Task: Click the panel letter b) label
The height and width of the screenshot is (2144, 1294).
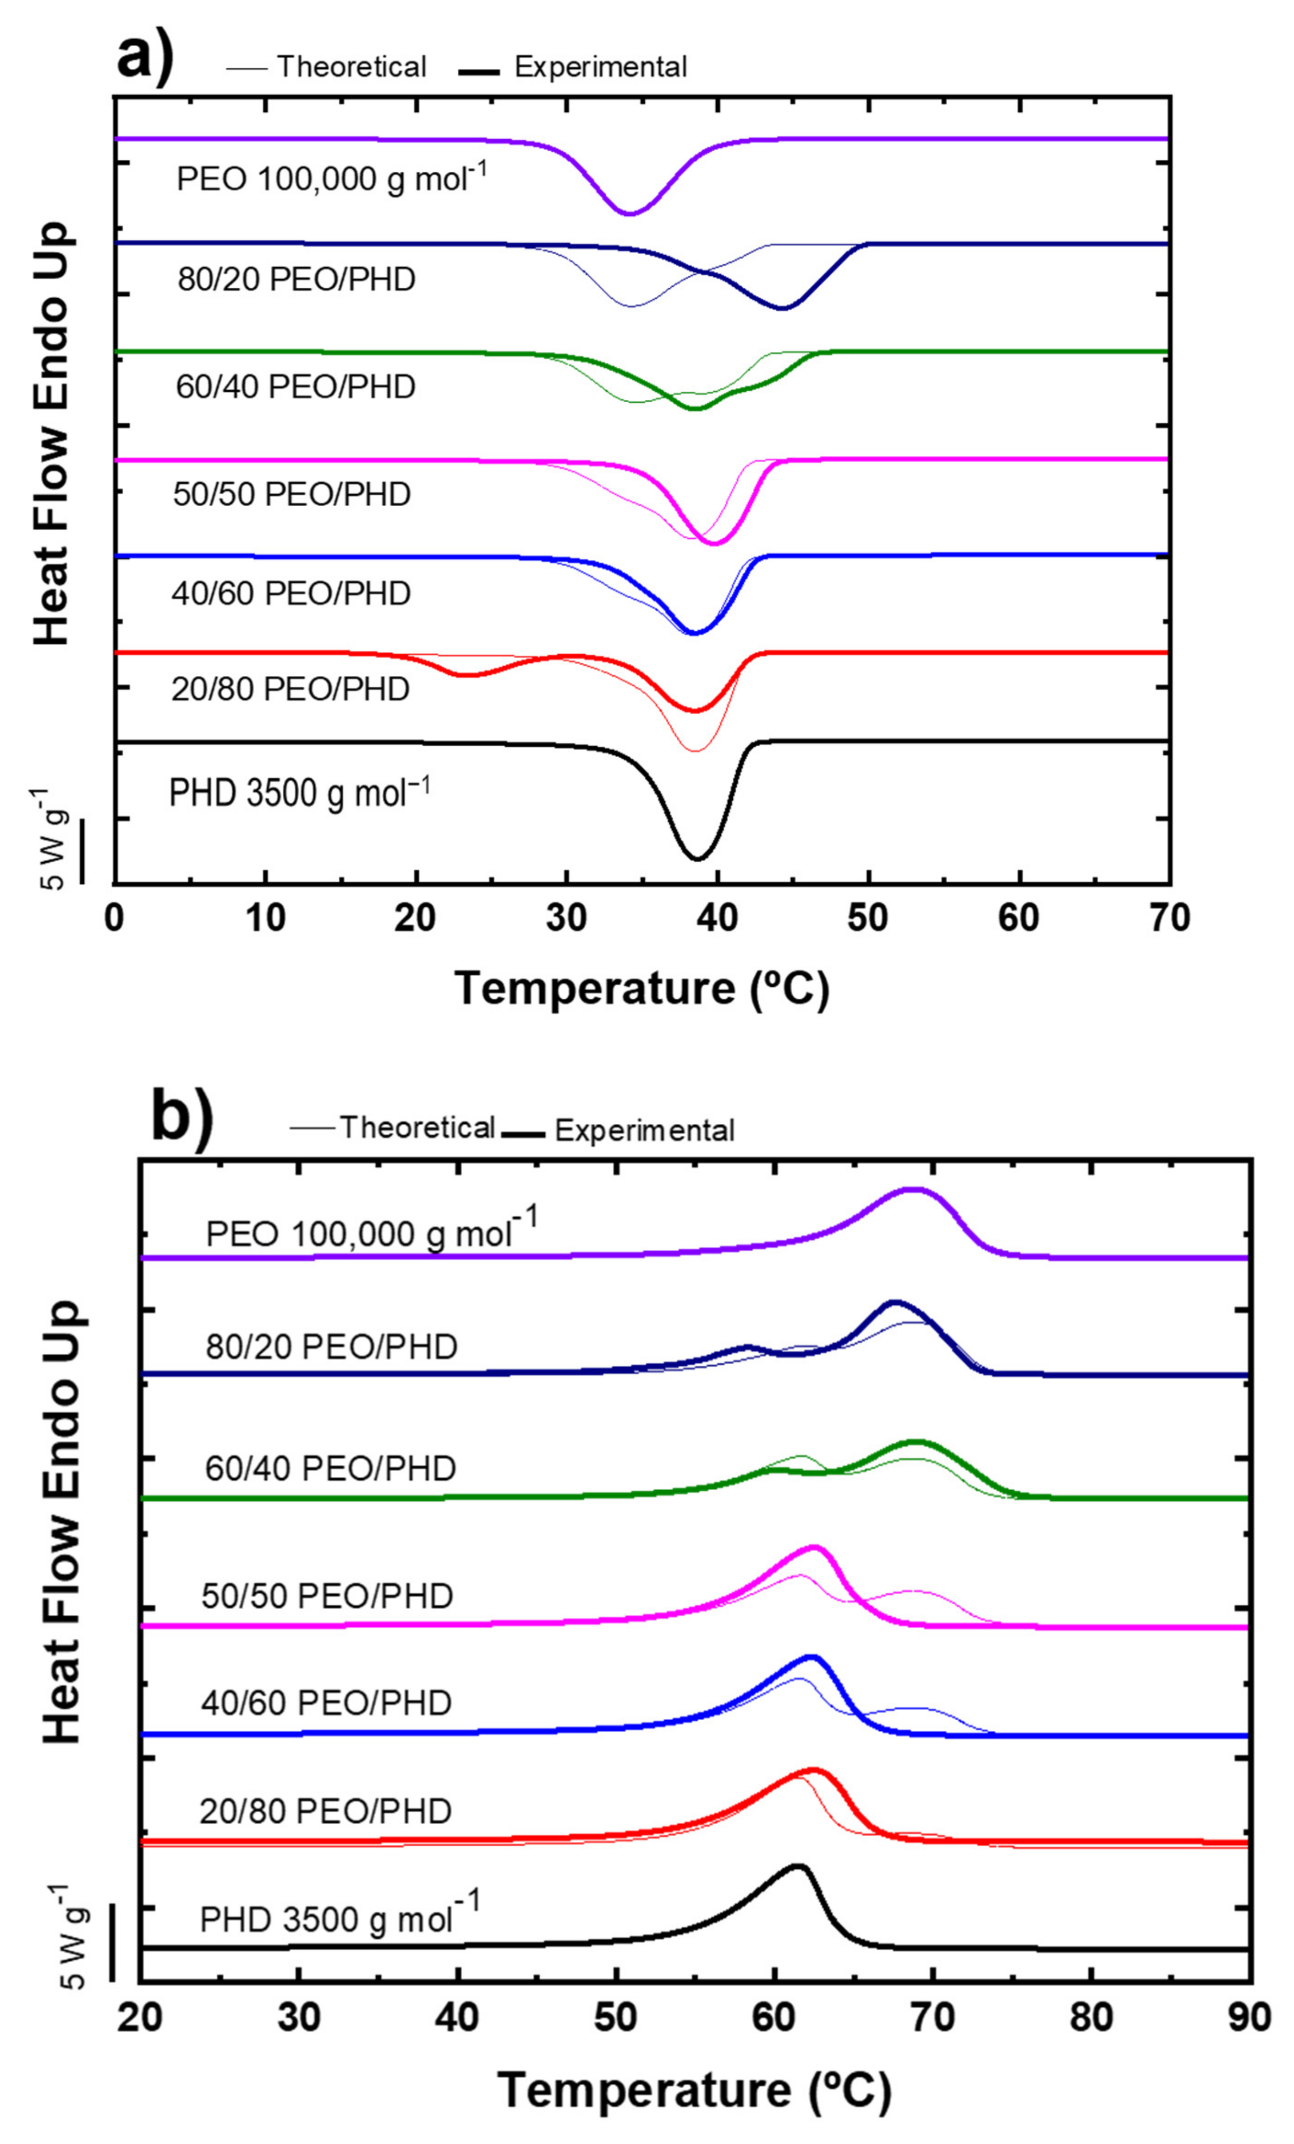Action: (181, 1117)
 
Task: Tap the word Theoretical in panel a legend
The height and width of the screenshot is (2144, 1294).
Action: (351, 67)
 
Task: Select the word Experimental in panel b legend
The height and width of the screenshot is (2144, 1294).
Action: (644, 1130)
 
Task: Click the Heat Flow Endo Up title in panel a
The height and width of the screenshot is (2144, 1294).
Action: (52, 432)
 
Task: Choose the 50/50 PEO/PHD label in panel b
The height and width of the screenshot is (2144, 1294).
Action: (327, 1596)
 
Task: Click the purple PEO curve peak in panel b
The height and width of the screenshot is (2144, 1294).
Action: (913, 1189)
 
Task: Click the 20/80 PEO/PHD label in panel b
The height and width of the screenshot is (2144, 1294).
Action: (325, 1811)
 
